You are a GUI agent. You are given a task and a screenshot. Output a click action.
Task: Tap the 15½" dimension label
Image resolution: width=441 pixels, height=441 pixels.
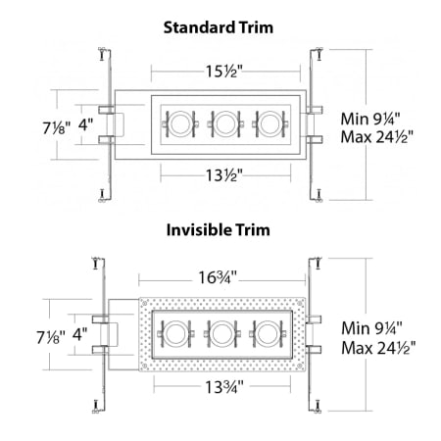[x=224, y=72]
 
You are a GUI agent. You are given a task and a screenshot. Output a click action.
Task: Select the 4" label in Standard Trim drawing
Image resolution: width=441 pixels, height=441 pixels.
[x=86, y=124]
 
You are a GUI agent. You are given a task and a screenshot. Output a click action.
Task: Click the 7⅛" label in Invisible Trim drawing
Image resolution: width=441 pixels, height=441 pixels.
[x=48, y=337]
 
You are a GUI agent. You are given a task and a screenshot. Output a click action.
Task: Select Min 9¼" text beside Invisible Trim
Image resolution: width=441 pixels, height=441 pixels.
[x=372, y=327]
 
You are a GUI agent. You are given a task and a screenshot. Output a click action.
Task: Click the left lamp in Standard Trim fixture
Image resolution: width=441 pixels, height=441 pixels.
[x=181, y=123]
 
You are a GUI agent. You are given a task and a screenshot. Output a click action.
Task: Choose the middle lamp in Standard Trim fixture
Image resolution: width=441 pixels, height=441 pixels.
[x=225, y=123]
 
